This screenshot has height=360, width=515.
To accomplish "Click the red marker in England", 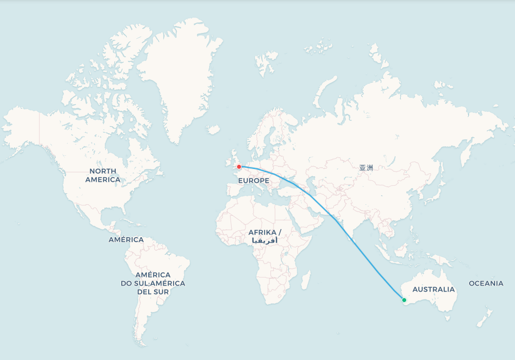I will (x=239, y=167).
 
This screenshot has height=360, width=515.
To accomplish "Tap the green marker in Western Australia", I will (x=404, y=300).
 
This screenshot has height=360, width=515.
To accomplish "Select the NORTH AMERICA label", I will (x=103, y=175).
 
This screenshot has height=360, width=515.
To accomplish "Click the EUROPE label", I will (x=254, y=180).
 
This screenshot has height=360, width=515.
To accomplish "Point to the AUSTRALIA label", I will (x=434, y=290).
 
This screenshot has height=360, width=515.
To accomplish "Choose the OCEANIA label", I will (x=486, y=284).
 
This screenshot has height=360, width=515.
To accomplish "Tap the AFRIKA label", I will (x=265, y=233).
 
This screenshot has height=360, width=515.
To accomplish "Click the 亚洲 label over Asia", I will (x=366, y=168).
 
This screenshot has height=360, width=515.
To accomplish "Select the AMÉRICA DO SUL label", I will (x=153, y=283).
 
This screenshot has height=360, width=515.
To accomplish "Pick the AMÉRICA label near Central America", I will (x=126, y=240).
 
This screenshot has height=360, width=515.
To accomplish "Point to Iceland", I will (x=213, y=130).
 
